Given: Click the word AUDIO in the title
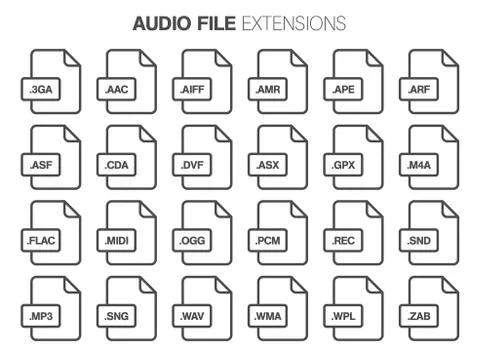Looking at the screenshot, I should (157, 23).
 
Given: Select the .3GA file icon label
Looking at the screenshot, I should (41, 89).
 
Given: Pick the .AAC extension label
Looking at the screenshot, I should (117, 89).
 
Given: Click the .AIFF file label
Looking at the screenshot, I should (193, 89).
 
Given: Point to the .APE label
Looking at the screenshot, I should (344, 89).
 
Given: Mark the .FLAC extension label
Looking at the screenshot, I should (41, 241).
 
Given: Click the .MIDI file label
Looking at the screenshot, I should (117, 241).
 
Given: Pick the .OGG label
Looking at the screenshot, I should (193, 241).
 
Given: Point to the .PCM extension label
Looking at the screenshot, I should (268, 241).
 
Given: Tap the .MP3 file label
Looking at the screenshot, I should (41, 317).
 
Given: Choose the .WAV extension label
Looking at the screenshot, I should (193, 317).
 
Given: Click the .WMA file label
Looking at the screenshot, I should (268, 317).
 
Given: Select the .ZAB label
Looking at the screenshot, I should (420, 317).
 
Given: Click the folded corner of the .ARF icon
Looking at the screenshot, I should (449, 59).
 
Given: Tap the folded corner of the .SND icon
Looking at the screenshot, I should (449, 211).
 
